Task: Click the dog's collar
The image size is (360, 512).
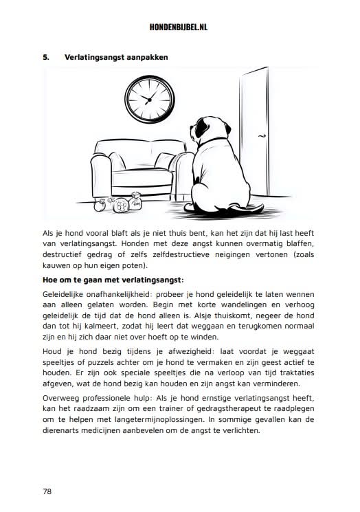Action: click(x=215, y=142)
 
